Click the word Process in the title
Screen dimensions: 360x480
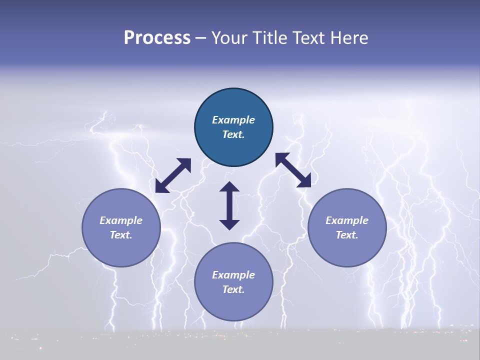[157, 38]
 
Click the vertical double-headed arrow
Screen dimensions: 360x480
[229, 205]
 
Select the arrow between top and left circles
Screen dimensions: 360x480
[173, 175]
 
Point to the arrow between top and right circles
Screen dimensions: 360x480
[293, 170]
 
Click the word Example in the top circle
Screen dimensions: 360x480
[233, 120]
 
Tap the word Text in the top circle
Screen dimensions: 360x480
[233, 134]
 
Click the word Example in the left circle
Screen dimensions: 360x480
[121, 220]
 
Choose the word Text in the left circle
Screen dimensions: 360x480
[121, 235]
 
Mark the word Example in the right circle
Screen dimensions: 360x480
[347, 220]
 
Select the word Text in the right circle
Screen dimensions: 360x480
[347, 235]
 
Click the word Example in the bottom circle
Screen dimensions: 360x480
[233, 275]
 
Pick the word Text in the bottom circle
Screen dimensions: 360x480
[233, 289]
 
